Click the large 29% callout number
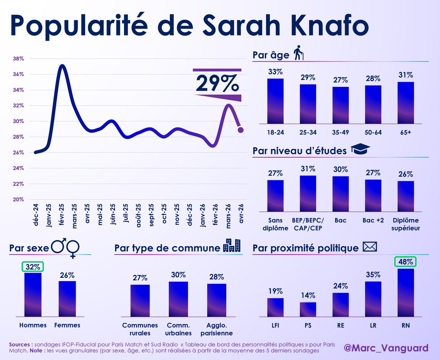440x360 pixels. click(217, 83)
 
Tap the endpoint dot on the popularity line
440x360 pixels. click(241, 130)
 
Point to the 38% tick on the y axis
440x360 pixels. click(19, 59)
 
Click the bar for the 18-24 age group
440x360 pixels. click(275, 101)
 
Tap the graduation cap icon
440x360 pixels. click(361, 150)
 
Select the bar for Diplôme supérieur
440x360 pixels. click(406, 196)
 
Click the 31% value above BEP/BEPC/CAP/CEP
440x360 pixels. click(308, 169)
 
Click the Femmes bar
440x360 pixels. click(67, 298)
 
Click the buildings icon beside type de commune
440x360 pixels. click(232, 246)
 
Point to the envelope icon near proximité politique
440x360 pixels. click(369, 247)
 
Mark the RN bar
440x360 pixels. click(406, 293)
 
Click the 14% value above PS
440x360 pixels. click(308, 295)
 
